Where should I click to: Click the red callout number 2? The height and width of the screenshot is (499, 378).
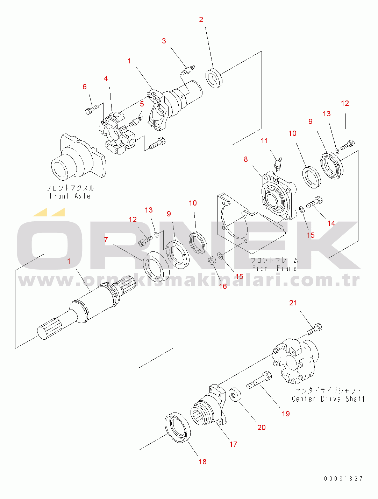pyautogui.click(x=201, y=20)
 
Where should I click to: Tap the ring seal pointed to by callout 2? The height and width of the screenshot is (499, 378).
pyautogui.click(x=214, y=78)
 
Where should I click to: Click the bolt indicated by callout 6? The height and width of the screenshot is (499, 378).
pyautogui.click(x=92, y=109)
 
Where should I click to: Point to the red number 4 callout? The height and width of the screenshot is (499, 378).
pyautogui.click(x=106, y=78)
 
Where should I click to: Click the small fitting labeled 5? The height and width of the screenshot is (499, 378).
pyautogui.click(x=136, y=121)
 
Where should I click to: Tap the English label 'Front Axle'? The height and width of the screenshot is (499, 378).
pyautogui.click(x=70, y=196)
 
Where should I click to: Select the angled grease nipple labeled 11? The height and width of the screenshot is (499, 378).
pyautogui.click(x=278, y=165)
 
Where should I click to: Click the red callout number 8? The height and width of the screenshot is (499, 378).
pyautogui.click(x=245, y=159)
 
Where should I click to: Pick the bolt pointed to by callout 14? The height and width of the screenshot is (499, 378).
pyautogui.click(x=314, y=202)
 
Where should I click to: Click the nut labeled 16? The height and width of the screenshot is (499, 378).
pyautogui.click(x=212, y=261)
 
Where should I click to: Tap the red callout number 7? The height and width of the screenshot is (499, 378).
pyautogui.click(x=106, y=240)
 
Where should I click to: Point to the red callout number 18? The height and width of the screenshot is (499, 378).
pyautogui.click(x=202, y=462)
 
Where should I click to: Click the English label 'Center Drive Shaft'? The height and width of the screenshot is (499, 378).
pyautogui.click(x=328, y=399)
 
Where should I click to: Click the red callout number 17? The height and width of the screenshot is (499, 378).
pyautogui.click(x=233, y=444)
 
